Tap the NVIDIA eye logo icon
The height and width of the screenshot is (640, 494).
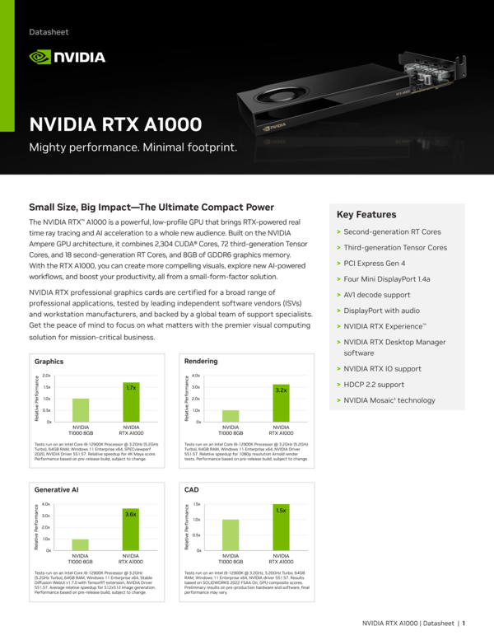tap(40, 57)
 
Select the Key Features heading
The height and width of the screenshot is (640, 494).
tap(366, 214)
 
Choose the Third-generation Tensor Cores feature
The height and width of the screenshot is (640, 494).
tap(395, 247)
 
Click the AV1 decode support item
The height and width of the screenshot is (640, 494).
tap(376, 294)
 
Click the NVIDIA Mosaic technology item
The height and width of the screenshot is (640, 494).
tap(389, 400)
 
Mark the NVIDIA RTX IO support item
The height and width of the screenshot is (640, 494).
tap(381, 370)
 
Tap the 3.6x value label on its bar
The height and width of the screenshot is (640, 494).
tap(130, 513)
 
